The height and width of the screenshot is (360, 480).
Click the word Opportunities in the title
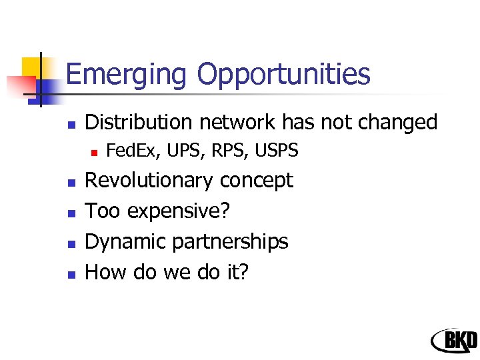(283, 75)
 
